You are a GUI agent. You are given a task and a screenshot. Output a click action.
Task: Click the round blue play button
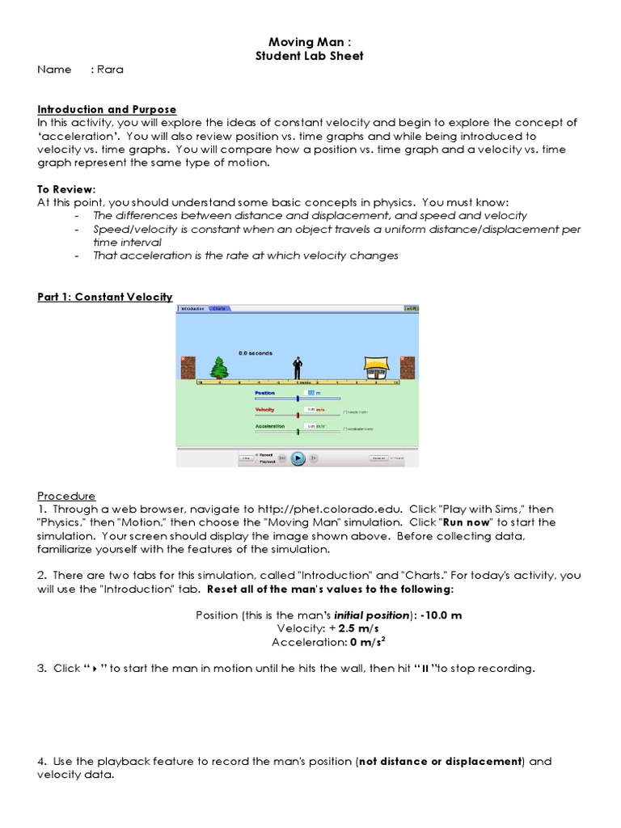pyautogui.click(x=298, y=458)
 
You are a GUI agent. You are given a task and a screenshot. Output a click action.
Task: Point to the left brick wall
pyautogui.click(x=188, y=368)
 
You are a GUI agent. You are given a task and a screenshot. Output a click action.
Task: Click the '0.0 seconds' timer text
pyautogui.click(x=256, y=353)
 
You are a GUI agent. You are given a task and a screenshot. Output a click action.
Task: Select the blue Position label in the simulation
pyautogui.click(x=265, y=392)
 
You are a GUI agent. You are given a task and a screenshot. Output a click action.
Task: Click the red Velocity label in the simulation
pyautogui.click(x=265, y=410)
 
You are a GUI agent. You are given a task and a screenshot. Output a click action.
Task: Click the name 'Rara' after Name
pyautogui.click(x=110, y=70)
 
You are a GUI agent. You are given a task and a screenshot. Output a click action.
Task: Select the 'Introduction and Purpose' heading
pyautogui.click(x=107, y=109)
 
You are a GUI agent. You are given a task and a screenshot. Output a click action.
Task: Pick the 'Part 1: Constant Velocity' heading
pyautogui.click(x=105, y=297)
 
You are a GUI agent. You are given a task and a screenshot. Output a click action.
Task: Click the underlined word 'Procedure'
pyautogui.click(x=66, y=496)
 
